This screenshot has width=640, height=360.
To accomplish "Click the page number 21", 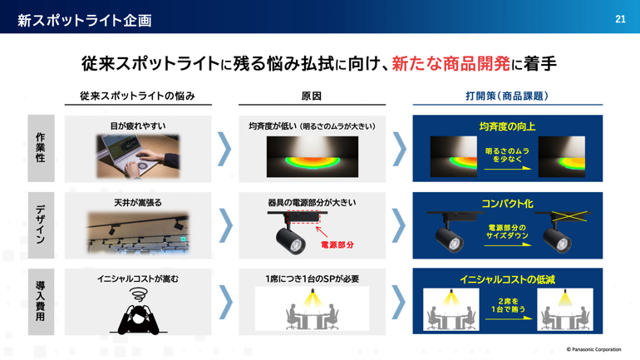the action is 620,19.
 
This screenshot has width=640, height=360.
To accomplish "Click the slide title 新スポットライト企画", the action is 85,20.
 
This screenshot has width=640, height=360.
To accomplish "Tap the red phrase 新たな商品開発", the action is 451,64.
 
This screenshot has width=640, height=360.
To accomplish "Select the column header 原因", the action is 312,96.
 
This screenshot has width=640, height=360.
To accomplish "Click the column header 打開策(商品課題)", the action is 507,96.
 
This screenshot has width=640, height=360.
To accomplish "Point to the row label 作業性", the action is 41,147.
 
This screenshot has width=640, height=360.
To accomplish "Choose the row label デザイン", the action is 41,224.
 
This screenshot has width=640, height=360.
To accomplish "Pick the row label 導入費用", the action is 41,301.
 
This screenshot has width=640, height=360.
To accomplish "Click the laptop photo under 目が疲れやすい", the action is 138,156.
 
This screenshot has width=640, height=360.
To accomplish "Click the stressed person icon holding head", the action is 138,311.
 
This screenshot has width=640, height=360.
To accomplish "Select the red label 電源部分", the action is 337,245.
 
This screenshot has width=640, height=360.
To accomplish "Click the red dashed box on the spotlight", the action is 303,216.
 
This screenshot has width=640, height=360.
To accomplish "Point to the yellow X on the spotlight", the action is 569,216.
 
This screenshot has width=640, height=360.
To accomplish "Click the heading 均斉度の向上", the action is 507,126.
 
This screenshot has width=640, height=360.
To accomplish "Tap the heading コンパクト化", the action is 507,203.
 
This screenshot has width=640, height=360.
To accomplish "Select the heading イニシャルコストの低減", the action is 507,279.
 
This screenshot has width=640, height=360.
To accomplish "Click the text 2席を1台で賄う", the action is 508,305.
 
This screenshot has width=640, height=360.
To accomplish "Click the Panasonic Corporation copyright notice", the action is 594,349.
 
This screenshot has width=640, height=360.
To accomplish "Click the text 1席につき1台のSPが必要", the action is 313,279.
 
